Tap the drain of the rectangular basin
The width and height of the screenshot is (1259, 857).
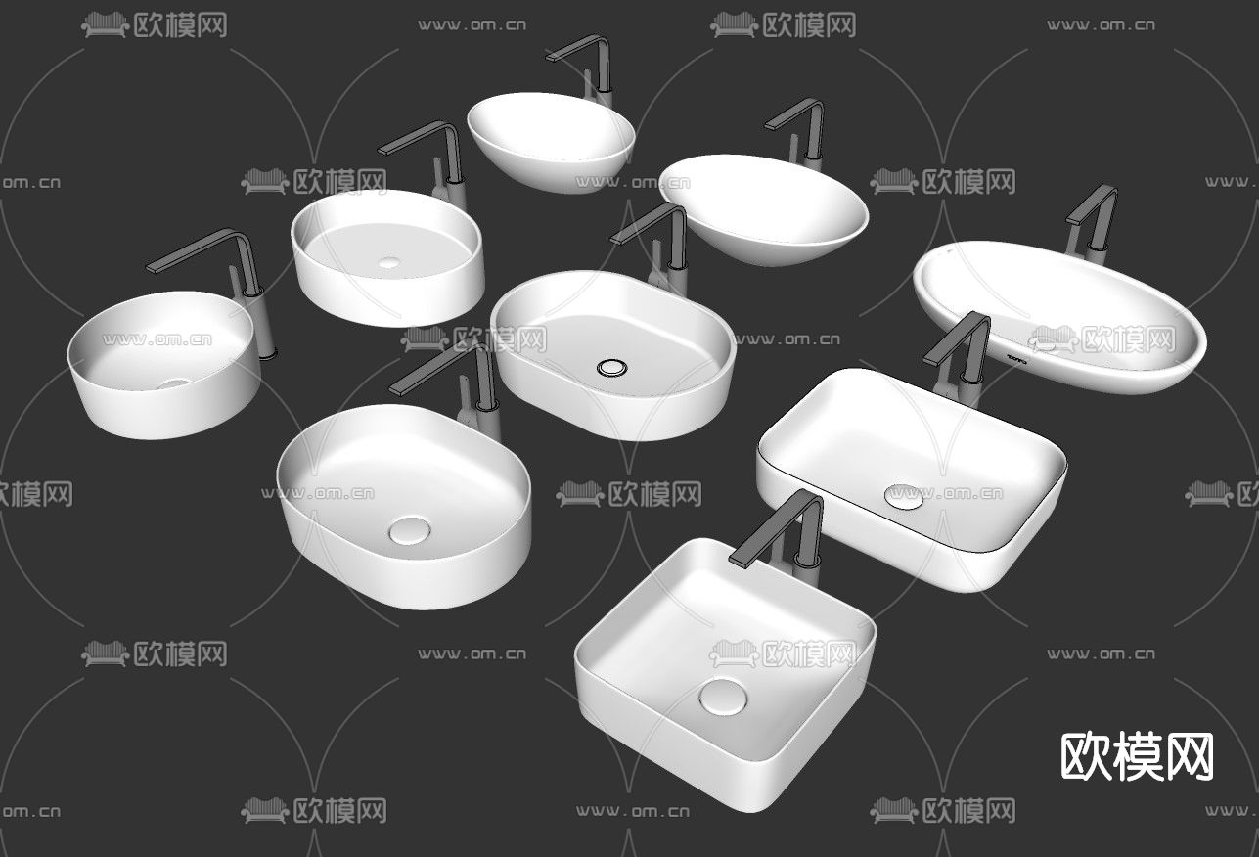[903, 496]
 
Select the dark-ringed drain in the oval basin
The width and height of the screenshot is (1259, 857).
[613, 368]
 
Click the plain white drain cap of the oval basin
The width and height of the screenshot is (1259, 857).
[408, 531]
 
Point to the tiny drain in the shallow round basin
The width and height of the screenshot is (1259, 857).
[389, 262]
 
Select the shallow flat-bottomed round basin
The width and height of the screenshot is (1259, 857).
[387, 256]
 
